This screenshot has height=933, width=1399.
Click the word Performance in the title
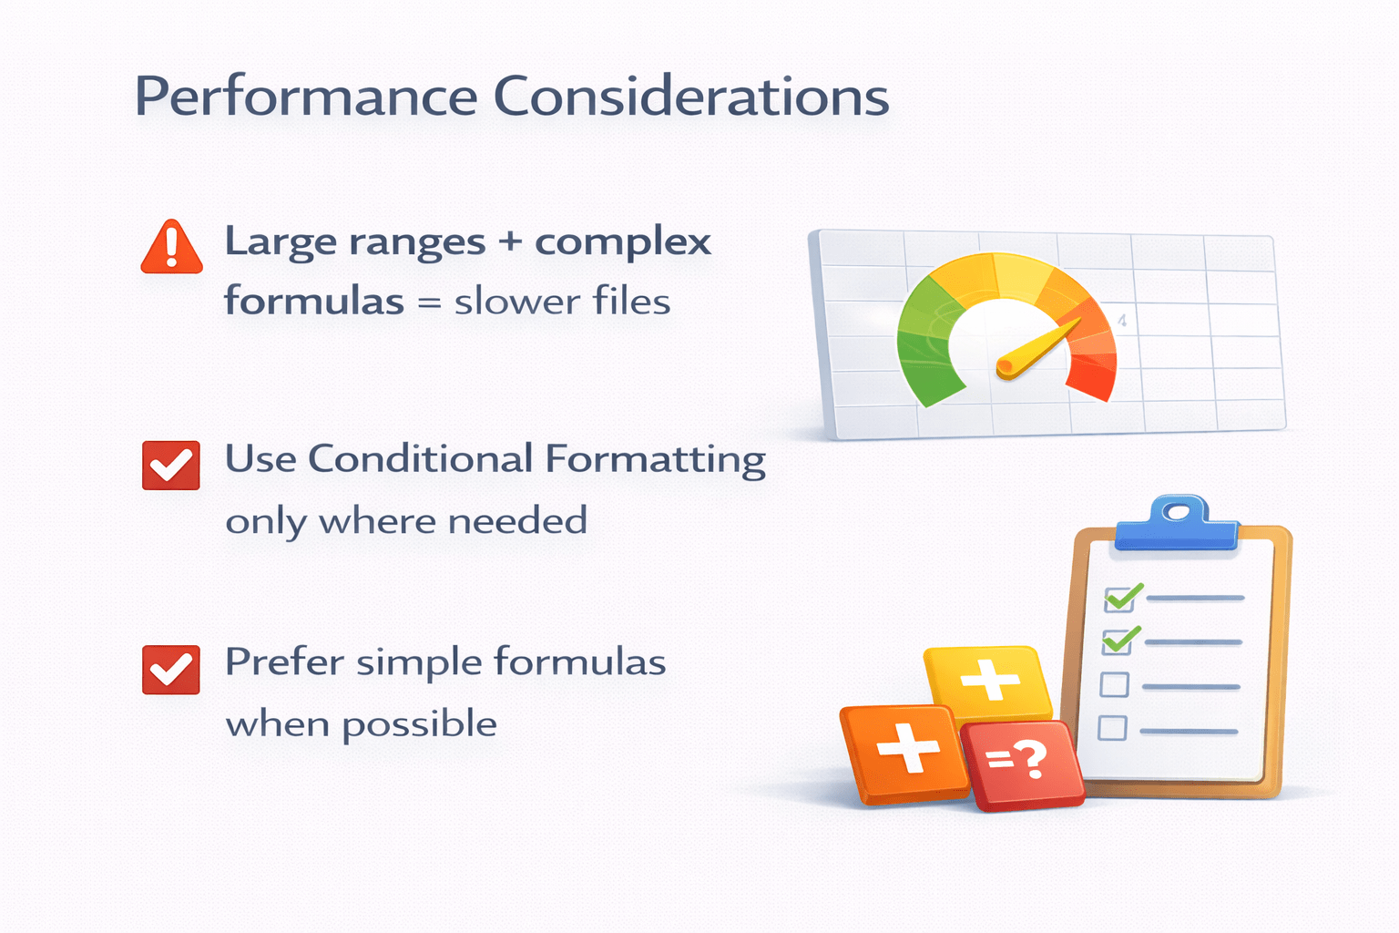click(x=305, y=97)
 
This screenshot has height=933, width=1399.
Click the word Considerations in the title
click(x=691, y=96)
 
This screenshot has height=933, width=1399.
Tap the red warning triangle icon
click(x=171, y=248)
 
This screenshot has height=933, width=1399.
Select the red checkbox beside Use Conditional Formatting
click(x=171, y=466)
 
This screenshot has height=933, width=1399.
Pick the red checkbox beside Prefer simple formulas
click(x=171, y=670)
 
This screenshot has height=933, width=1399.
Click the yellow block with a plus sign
click(x=987, y=680)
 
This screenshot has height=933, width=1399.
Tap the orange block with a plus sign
click(x=904, y=751)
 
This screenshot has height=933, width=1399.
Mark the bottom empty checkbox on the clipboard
click(x=1112, y=728)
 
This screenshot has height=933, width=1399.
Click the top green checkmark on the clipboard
click(x=1121, y=597)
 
